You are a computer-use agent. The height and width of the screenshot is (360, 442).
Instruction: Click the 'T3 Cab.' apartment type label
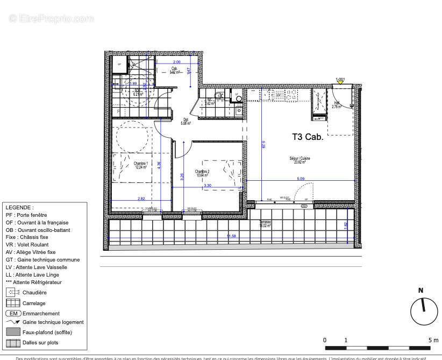(x=307, y=137)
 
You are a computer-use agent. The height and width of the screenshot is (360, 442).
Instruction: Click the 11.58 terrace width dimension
(x=231, y=236)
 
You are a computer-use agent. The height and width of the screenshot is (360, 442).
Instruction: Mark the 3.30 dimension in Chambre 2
(x=208, y=186)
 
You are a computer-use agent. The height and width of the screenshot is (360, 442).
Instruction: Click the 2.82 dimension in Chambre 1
(x=141, y=199)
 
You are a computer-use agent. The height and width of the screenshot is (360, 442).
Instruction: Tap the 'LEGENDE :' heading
(x=19, y=207)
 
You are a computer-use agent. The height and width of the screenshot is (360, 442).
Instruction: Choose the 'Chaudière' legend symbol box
(x=12, y=293)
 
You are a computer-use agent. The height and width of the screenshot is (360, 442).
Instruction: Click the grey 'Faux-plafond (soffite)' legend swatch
(x=12, y=332)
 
